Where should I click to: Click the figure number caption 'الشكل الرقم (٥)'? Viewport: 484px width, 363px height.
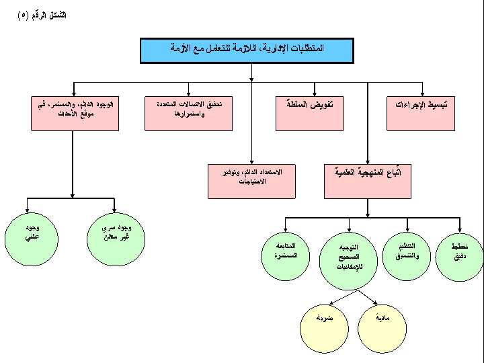tap(42, 15)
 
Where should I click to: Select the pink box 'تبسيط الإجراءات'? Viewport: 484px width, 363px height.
tap(421, 113)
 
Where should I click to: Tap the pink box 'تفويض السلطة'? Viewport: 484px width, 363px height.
tap(307, 113)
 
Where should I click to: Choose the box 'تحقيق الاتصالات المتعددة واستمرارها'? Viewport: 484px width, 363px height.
tap(189, 113)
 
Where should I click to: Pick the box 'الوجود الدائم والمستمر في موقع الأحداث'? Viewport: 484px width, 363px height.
tap(73, 113)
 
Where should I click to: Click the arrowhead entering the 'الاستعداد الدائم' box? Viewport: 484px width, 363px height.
tap(251, 161)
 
